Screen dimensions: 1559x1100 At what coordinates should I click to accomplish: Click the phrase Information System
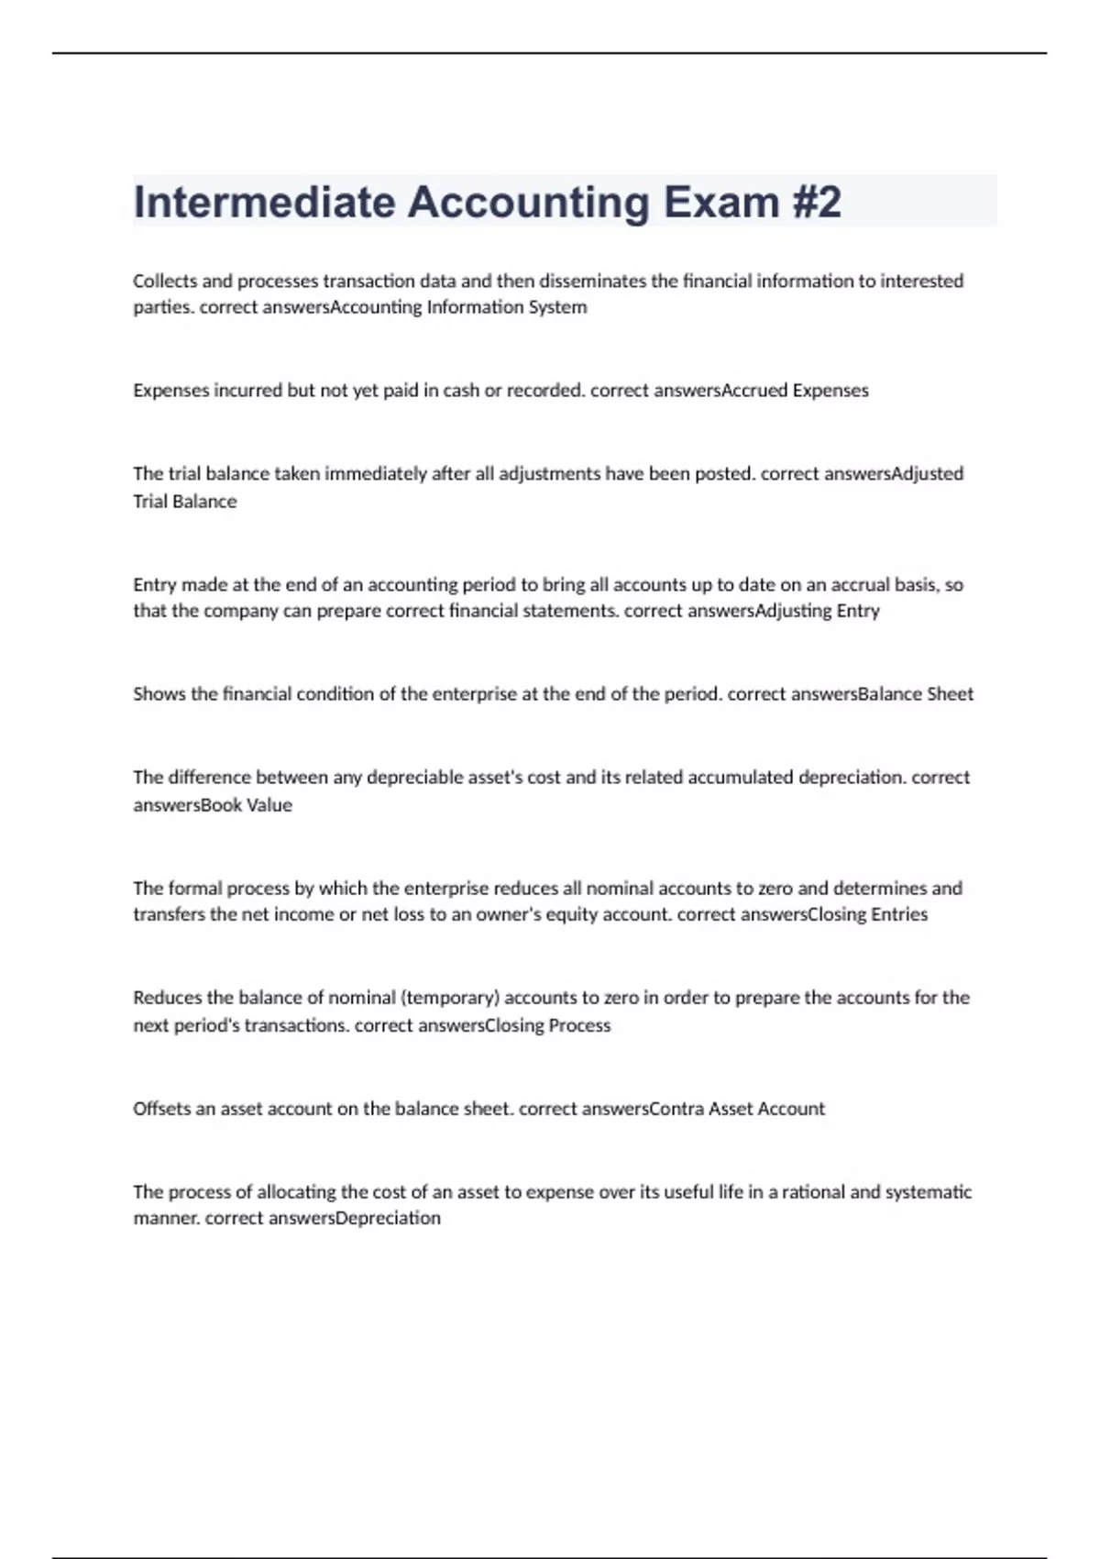click(507, 307)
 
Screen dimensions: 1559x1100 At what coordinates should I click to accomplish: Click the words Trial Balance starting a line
click(184, 502)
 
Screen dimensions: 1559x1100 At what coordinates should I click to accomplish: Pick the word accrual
click(859, 584)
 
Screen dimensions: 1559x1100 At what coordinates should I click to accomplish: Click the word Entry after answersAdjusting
click(858, 611)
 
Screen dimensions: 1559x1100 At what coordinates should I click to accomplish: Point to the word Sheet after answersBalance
click(950, 694)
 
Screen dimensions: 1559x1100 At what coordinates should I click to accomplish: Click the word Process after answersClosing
click(579, 1025)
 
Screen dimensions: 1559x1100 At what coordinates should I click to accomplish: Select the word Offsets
click(161, 1109)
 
